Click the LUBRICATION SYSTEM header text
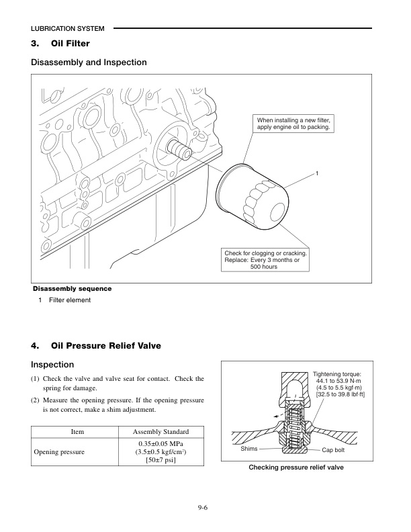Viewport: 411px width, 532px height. point(68,29)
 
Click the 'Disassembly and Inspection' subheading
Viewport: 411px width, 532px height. point(89,62)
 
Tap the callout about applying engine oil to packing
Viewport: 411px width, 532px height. point(293,123)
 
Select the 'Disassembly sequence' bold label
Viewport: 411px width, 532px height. point(73,289)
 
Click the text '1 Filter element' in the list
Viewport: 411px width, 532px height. point(64,300)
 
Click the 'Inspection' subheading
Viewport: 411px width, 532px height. point(52,365)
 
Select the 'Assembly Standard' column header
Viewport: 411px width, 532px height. point(161,433)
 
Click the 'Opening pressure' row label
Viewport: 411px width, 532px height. point(60,453)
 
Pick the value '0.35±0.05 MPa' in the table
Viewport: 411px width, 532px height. point(161,444)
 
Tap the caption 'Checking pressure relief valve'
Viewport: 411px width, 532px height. point(296,466)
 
